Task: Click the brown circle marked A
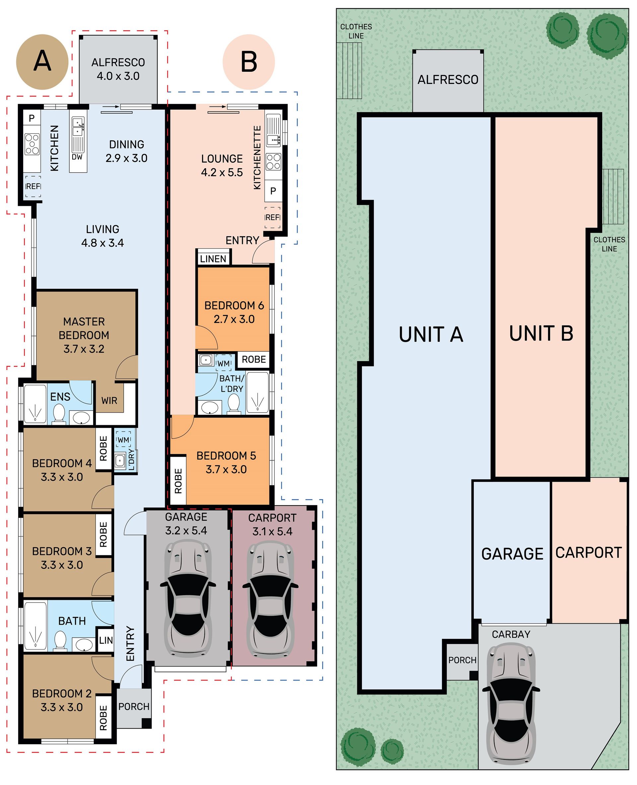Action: [x=42, y=62]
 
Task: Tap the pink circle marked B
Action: [x=249, y=62]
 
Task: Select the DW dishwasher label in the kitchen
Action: [x=77, y=157]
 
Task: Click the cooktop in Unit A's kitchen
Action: [x=32, y=144]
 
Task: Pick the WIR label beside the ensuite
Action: [x=109, y=401]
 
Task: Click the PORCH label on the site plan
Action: [x=462, y=660]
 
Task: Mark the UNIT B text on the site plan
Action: [x=541, y=333]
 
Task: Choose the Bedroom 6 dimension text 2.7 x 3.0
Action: [x=234, y=319]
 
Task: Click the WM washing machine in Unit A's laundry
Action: [x=124, y=439]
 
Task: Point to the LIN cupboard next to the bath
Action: [x=106, y=640]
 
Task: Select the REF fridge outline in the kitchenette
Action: [x=273, y=217]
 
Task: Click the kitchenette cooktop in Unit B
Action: [x=273, y=162]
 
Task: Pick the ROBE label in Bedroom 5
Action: [x=178, y=481]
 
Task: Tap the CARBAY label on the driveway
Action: [x=511, y=634]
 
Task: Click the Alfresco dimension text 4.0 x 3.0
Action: [x=118, y=76]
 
